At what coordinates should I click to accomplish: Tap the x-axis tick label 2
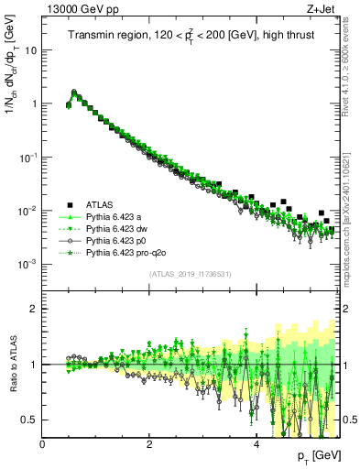pos(149,444)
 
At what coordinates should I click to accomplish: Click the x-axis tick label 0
pos(43,444)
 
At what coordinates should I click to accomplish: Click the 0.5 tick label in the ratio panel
pos(30,420)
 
